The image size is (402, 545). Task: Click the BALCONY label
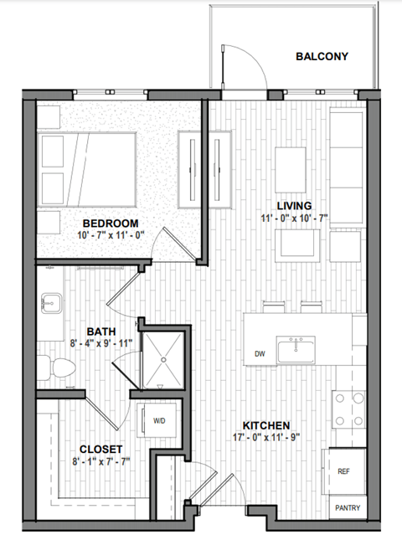(x=322, y=57)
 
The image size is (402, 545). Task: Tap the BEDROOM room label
(x=110, y=223)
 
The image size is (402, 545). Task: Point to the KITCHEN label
(x=266, y=424)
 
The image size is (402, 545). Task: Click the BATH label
(x=101, y=330)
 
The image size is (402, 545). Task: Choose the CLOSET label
(x=100, y=449)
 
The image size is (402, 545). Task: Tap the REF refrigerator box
(x=343, y=472)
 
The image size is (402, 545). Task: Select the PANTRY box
(x=348, y=507)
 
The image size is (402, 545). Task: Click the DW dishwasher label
(x=260, y=354)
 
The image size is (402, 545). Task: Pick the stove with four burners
(x=348, y=410)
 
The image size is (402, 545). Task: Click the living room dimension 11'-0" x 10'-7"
(x=294, y=218)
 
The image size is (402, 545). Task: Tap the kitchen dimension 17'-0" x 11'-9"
(x=266, y=436)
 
